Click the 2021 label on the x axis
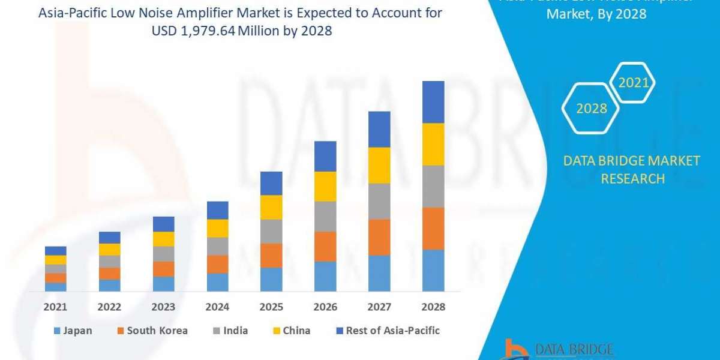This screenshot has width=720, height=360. tap(56, 307)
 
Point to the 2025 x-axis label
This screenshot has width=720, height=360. tap(271, 307)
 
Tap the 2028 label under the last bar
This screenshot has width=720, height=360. tap(433, 307)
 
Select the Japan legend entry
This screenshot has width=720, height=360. tap(73, 331)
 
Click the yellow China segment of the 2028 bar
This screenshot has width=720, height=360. tap(433, 144)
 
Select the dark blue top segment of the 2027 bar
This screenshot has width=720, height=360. tap(379, 129)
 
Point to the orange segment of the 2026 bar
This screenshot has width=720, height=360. tap(325, 246)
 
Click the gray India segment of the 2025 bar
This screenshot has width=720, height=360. tap(271, 231)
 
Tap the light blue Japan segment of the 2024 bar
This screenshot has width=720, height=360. tap(217, 282)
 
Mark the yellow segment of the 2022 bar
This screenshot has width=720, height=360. tap(110, 249)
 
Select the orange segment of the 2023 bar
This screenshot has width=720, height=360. tap(164, 269)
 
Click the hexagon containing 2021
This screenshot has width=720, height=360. tap(633, 83)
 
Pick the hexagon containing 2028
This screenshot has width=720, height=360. tap(591, 109)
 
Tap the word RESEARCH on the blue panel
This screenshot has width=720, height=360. tap(632, 178)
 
